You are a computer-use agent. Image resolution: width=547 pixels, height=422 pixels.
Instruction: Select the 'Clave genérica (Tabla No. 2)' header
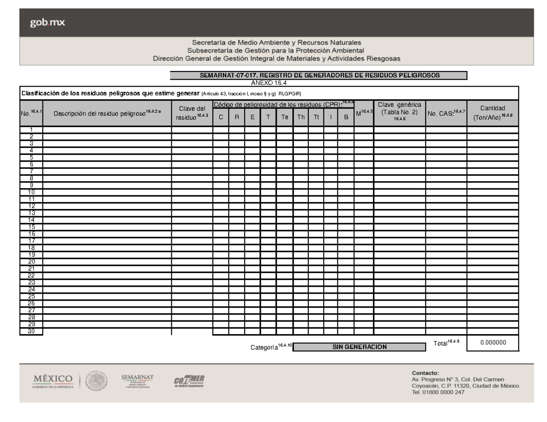[x=399, y=112]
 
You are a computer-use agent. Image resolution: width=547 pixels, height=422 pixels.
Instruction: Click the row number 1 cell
[x=31, y=130]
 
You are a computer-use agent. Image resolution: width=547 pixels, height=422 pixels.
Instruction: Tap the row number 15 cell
[x=31, y=226]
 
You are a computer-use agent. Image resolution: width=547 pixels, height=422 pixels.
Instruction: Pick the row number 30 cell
[x=31, y=331]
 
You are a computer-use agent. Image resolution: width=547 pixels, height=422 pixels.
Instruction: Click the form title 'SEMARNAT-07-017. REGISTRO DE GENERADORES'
[x=318, y=76]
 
